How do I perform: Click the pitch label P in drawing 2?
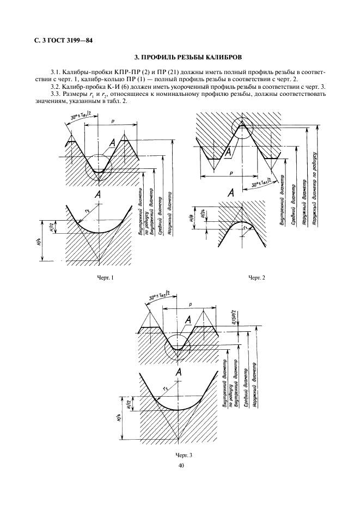pos(231,172)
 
